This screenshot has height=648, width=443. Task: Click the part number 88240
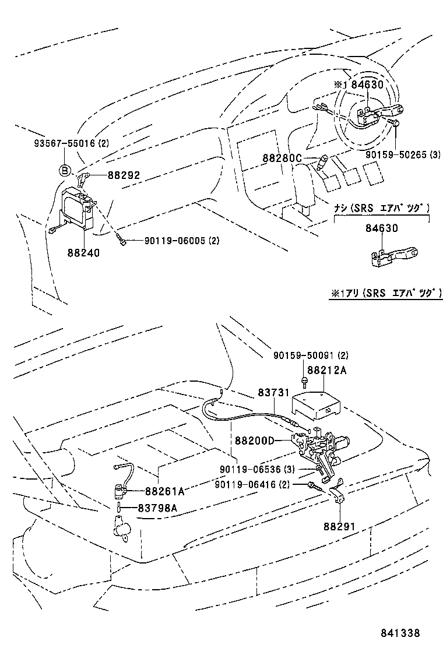pyautogui.click(x=83, y=253)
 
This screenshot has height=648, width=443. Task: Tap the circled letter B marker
pyautogui.click(x=64, y=170)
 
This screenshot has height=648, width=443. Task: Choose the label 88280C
pyautogui.click(x=282, y=158)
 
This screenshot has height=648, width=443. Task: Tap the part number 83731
pyautogui.click(x=274, y=393)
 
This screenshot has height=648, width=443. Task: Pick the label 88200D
pyautogui.click(x=254, y=440)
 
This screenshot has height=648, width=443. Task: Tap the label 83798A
pyautogui.click(x=157, y=508)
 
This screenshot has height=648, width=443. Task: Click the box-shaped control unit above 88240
pyautogui.click(x=79, y=207)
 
